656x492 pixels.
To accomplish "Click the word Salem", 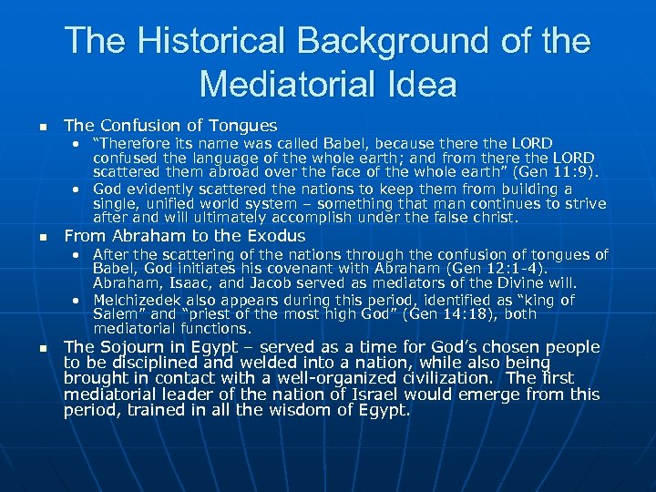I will coord(113,314).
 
